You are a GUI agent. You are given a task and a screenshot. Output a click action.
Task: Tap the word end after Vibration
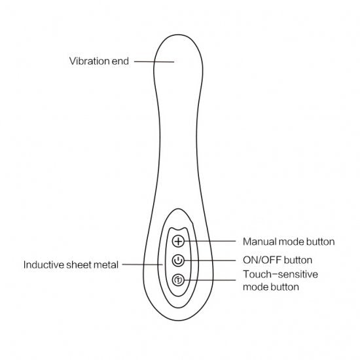120,61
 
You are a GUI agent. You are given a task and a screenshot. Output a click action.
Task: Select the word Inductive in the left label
44,264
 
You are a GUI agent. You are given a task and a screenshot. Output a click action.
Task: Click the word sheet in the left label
78,264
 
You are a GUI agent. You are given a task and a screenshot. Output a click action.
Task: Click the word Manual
260,242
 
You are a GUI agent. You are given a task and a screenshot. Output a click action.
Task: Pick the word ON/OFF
262,260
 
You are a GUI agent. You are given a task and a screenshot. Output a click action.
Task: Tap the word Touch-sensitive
280,274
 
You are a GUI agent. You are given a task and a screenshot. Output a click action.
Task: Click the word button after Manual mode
321,242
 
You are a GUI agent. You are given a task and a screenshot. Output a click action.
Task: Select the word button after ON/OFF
298,260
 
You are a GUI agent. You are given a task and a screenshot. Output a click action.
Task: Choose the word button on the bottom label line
285,287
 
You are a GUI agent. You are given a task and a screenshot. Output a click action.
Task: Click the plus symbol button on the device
178,241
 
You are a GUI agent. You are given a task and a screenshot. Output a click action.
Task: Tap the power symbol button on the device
178,261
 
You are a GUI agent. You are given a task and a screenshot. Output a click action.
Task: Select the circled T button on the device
178,280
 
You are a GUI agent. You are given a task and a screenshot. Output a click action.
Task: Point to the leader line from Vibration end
154,62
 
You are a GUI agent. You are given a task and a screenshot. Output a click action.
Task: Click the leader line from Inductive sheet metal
142,264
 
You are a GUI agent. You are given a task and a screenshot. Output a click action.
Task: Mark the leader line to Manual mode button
210,241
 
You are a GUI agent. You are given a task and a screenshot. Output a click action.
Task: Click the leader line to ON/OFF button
210,261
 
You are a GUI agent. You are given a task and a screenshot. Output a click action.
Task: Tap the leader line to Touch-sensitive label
210,280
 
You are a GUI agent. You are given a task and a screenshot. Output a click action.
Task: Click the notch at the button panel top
178,229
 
